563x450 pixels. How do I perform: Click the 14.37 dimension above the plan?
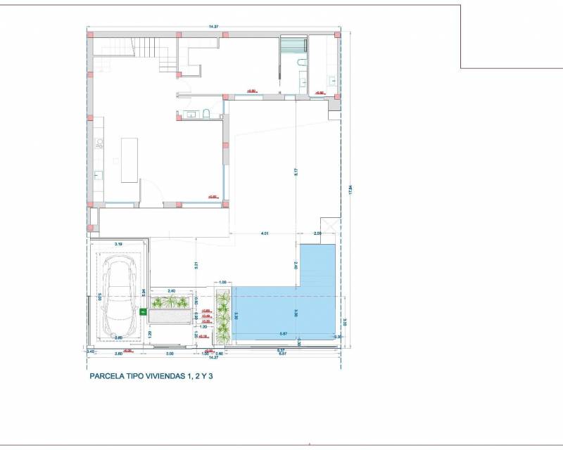(x=213, y=27)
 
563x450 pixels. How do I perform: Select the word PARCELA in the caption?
(x=106, y=376)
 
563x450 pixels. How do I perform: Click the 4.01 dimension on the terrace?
(x=265, y=232)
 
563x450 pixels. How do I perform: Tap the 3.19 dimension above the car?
(x=118, y=243)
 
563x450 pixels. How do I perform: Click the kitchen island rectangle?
(x=130, y=160)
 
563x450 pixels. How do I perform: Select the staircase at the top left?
(x=144, y=47)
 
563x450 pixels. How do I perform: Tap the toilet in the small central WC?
(x=206, y=114)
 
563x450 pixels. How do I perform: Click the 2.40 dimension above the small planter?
(x=171, y=290)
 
